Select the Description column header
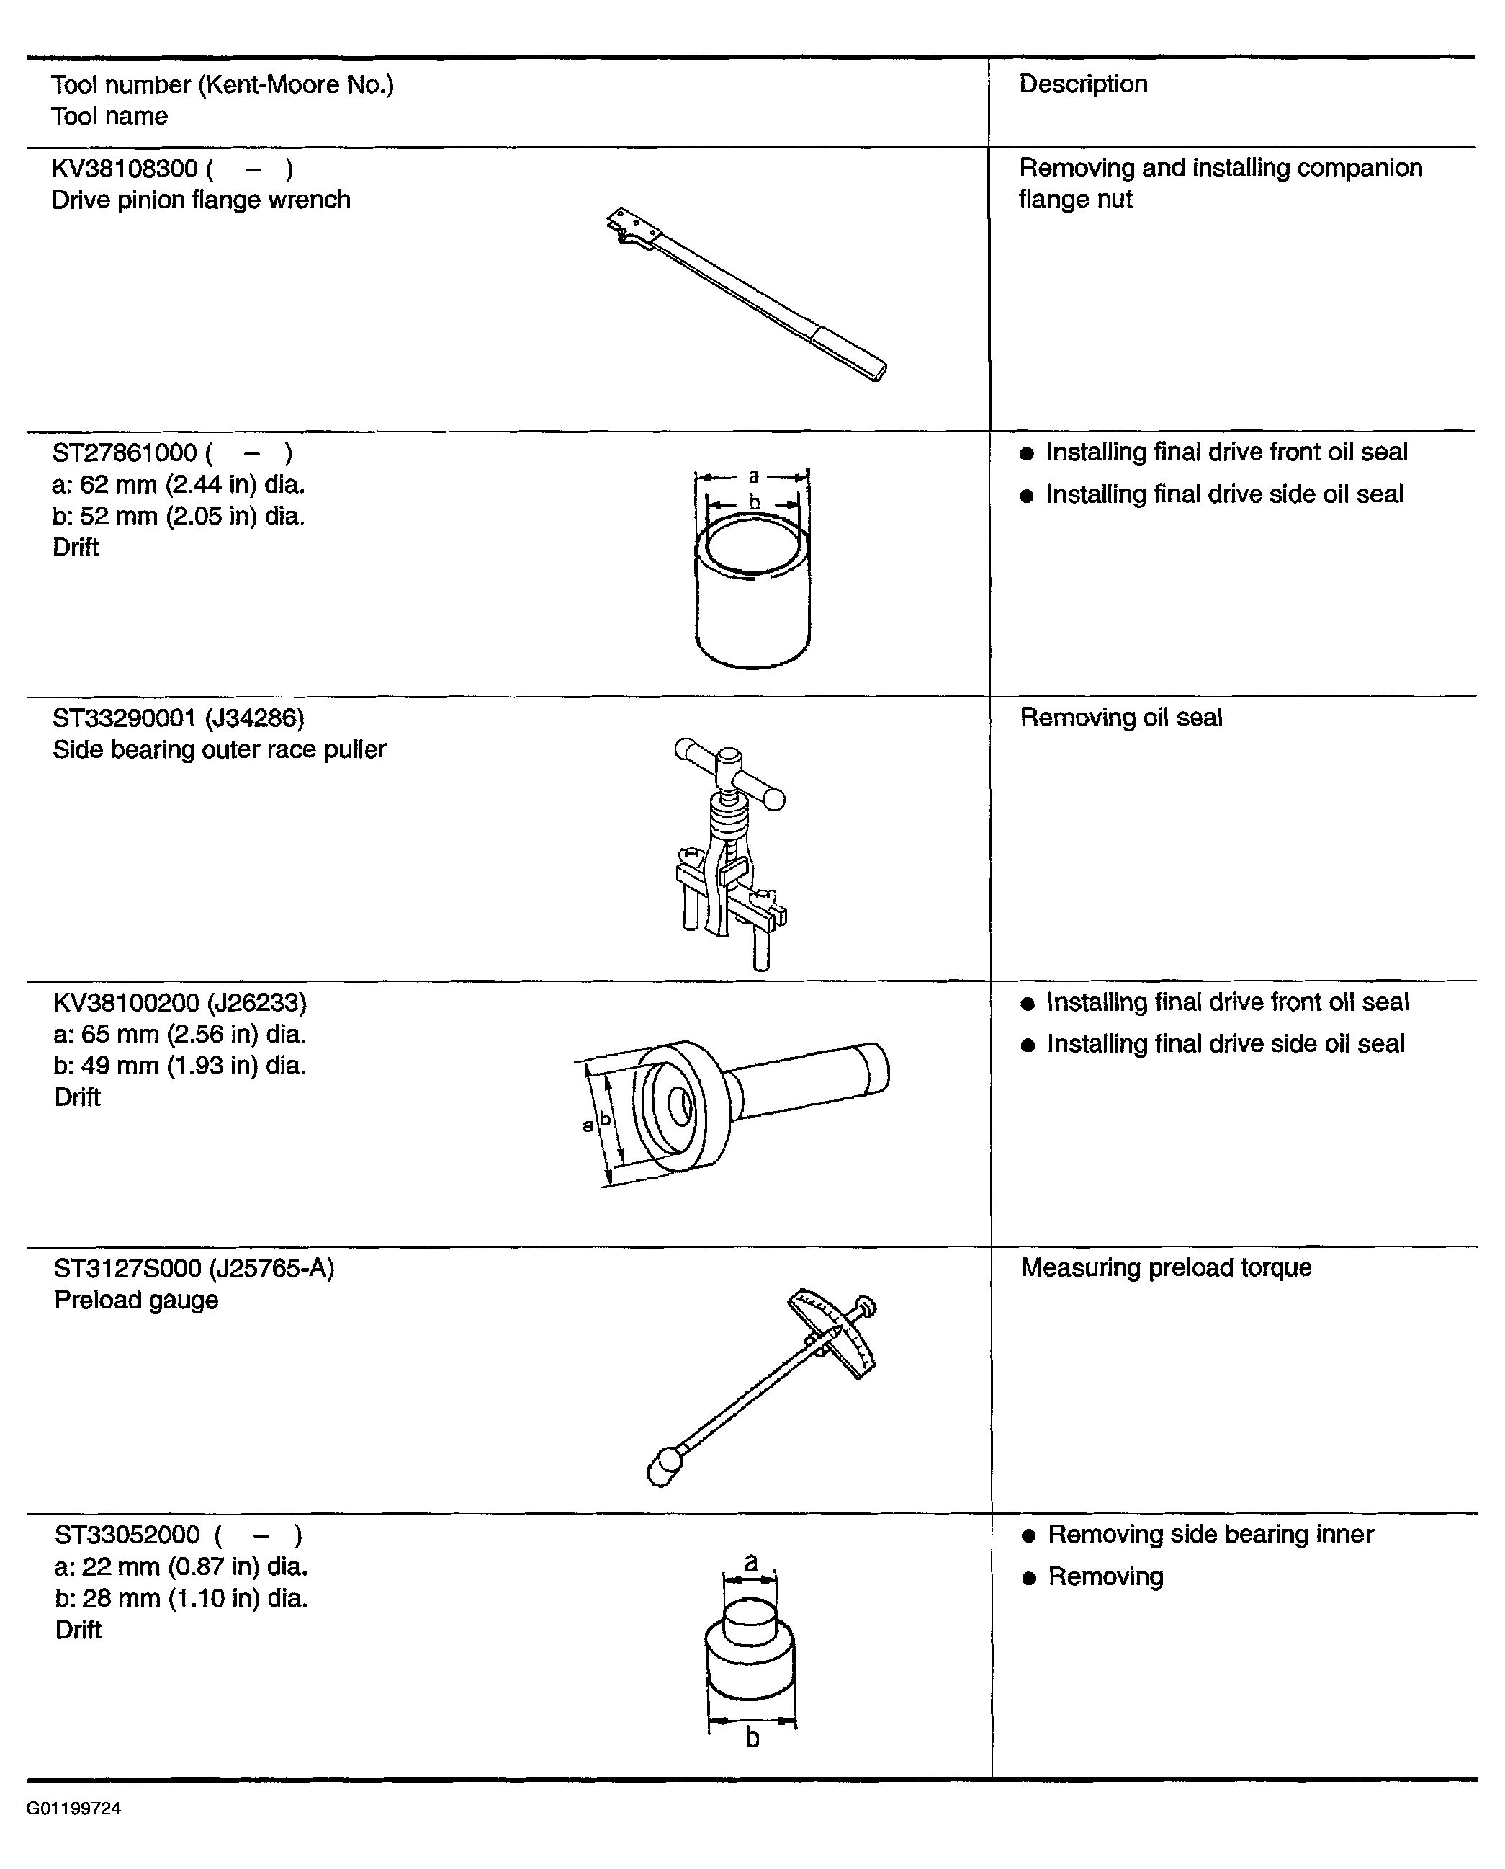point(1083,84)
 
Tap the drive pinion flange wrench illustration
point(745,294)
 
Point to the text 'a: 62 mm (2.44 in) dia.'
point(179,484)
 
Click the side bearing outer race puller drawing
point(730,855)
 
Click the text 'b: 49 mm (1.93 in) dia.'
point(180,1065)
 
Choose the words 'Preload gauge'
point(136,1300)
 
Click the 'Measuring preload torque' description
point(1166,1267)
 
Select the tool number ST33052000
point(127,1535)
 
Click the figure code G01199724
point(73,1808)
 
